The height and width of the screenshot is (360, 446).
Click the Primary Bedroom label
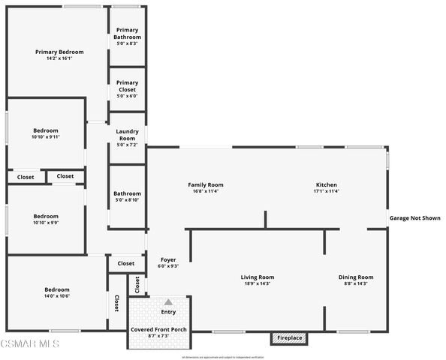click(x=59, y=52)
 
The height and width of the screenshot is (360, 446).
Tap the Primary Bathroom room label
click(x=127, y=33)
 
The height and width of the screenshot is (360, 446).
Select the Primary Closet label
click(x=127, y=86)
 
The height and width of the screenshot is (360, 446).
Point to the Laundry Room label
click(x=127, y=135)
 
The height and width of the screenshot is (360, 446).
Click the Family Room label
click(x=205, y=184)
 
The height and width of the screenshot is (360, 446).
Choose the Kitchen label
click(x=326, y=184)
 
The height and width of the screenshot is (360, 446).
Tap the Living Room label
click(x=257, y=277)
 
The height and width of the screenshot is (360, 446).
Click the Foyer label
click(x=167, y=259)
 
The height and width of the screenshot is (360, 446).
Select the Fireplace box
click(x=289, y=338)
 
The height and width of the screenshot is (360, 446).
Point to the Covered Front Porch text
click(x=159, y=329)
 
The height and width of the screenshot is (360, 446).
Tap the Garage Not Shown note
click(x=414, y=218)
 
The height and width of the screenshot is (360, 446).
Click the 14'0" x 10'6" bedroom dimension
click(x=56, y=296)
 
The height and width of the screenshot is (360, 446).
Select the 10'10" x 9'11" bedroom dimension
click(x=45, y=136)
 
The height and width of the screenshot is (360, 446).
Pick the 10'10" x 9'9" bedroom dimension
click(x=45, y=223)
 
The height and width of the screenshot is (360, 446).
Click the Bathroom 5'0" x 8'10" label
click(x=127, y=196)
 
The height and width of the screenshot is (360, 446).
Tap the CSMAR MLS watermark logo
click(x=29, y=344)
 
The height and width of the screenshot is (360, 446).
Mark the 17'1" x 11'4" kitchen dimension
click(x=326, y=191)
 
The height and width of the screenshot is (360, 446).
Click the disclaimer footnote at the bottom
click(x=224, y=356)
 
